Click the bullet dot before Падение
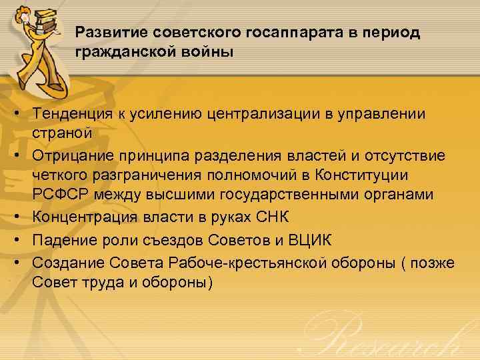coord(15,241)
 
